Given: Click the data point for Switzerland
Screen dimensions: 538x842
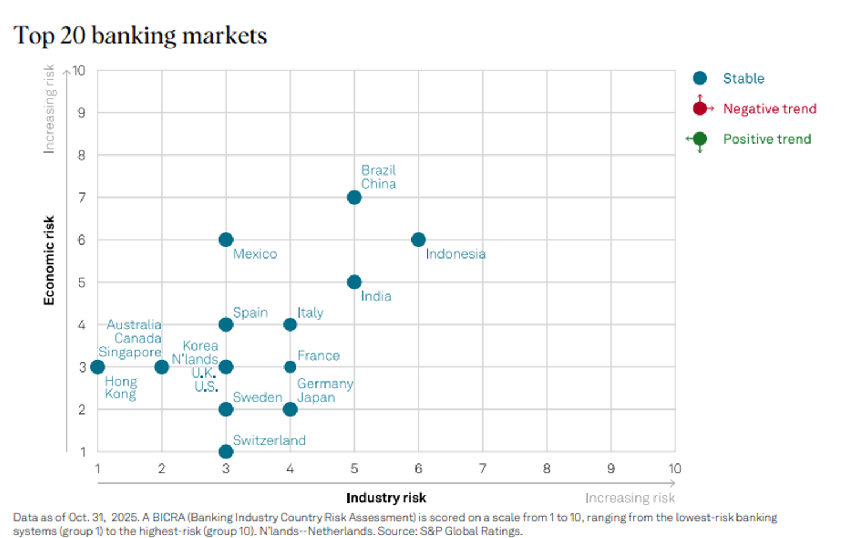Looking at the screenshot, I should (226, 452).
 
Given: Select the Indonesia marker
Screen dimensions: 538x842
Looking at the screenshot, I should (418, 240).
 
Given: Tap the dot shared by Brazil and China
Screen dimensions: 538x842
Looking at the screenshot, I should (354, 197).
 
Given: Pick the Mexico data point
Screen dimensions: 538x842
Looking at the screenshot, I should (226, 240).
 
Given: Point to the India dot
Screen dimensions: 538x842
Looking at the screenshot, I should (354, 282).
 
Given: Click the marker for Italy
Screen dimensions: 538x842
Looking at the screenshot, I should (290, 324).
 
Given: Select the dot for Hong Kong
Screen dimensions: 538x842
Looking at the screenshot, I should (98, 367).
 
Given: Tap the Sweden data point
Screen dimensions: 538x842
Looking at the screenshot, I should (226, 410).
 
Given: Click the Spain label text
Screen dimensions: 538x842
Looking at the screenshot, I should (250, 312).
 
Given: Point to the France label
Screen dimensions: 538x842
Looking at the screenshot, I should (318, 356).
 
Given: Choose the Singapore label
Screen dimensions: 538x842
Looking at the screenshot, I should (130, 352).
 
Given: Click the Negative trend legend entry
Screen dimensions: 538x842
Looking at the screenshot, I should (769, 109).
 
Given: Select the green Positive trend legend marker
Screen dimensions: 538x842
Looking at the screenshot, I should (700, 139).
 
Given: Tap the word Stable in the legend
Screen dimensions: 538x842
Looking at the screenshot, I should (743, 79).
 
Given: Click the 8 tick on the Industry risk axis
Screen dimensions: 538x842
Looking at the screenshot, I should (547, 469).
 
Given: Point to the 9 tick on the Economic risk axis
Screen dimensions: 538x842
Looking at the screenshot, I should (82, 113).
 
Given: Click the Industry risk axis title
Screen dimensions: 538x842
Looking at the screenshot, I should (386, 498).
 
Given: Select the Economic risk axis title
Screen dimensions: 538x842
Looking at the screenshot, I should (49, 260).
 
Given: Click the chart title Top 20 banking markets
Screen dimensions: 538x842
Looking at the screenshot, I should (140, 35).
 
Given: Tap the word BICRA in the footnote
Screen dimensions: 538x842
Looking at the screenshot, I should (168, 517).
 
